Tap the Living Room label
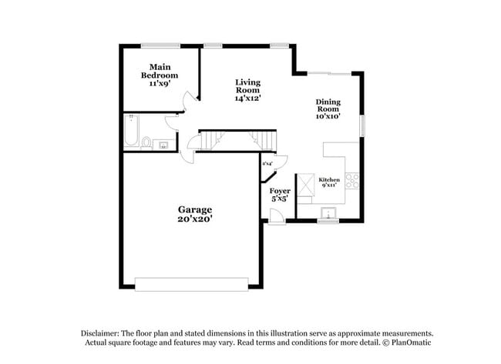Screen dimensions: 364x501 247,90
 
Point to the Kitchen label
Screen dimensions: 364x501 329,182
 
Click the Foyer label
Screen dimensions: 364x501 279,195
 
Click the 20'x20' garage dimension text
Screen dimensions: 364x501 195,219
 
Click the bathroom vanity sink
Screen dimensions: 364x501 163,144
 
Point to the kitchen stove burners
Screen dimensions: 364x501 351,181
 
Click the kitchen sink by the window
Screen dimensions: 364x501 329,213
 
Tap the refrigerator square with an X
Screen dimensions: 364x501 305,182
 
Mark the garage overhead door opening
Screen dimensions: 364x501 192,284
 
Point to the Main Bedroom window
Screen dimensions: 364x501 160,45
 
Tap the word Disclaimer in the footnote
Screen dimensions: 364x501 103,332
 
